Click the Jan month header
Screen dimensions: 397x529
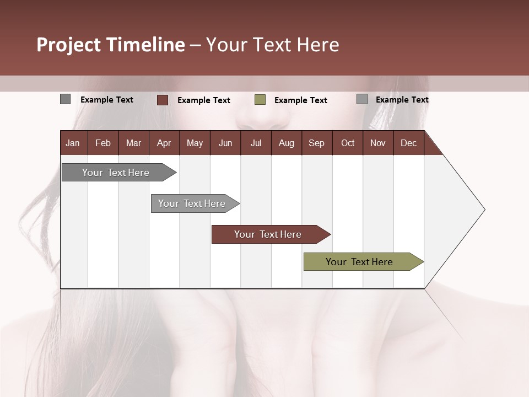[x=73, y=143]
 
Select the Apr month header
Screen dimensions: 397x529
[x=164, y=143]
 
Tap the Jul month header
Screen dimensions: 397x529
[x=256, y=143]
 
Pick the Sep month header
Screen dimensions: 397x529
[x=316, y=143]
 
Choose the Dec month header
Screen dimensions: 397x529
[x=408, y=143]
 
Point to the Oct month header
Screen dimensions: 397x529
[x=347, y=143]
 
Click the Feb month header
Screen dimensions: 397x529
[x=103, y=143]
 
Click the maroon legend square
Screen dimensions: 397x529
[x=163, y=100]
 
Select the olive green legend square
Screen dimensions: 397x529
[x=260, y=100]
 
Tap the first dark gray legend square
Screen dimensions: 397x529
[x=66, y=99]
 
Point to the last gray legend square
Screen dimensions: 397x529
[x=362, y=99]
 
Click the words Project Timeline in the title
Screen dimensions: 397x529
[x=110, y=45]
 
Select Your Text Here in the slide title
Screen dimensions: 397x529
[x=272, y=45]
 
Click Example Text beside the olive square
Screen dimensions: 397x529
[x=300, y=100]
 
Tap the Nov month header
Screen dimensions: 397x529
[x=377, y=143]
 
